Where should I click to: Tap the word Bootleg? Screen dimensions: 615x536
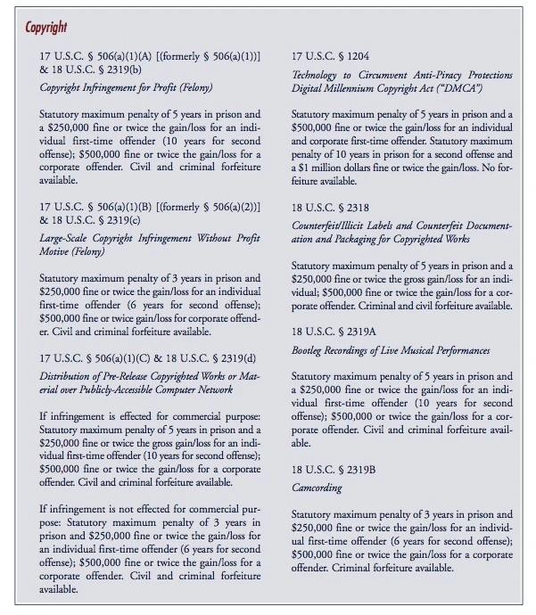point(311,350)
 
